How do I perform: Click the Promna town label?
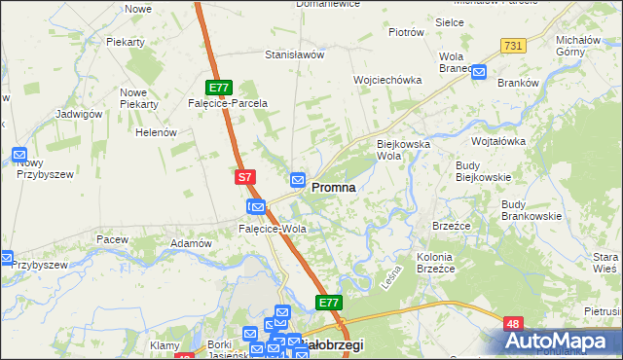(332, 187)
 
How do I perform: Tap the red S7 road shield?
(245, 178)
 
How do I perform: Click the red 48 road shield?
(513, 323)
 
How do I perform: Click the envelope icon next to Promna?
(298, 180)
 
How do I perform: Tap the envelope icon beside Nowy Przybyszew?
(19, 154)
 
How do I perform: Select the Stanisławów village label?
(294, 55)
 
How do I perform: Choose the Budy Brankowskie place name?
(531, 210)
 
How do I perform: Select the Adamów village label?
(191, 243)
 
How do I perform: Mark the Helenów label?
(155, 132)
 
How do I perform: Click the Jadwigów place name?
(80, 114)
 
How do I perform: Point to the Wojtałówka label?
(497, 141)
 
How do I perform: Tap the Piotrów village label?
(406, 32)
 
